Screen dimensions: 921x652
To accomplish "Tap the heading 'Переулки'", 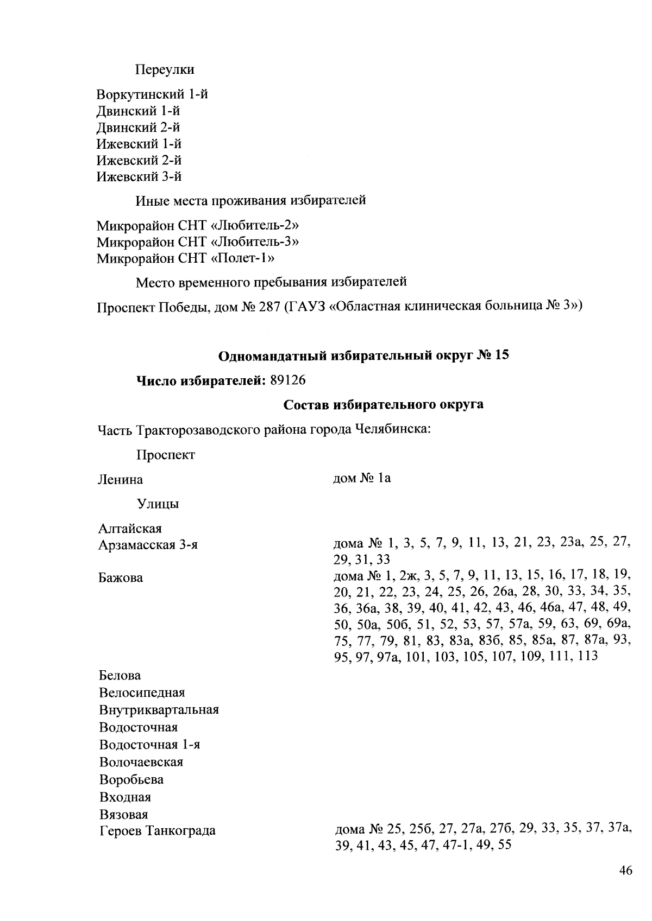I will coord(165,70).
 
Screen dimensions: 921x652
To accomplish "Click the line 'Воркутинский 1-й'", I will coord(152,94).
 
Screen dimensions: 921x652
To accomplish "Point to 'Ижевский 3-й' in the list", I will coord(139,176).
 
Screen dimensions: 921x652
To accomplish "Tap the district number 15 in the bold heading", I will coord(501,356).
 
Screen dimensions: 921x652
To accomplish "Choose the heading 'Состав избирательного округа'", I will coord(384,405).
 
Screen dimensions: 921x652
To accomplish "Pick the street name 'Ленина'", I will coord(121,480).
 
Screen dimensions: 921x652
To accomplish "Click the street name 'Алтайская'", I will coord(130,528).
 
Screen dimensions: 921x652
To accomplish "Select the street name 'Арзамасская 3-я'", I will coord(148,545).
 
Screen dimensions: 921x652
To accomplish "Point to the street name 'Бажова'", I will coord(121,577).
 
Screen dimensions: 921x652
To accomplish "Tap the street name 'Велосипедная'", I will coord(142,693).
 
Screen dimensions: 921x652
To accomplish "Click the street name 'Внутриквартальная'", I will coord(159,710).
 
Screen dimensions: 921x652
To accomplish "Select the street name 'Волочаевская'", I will coord(141,763).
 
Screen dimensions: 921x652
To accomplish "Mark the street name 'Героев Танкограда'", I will coord(157,830).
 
